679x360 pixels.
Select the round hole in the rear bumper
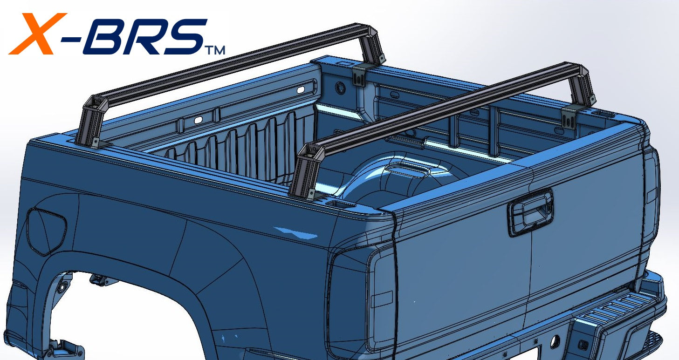point(555,341)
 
